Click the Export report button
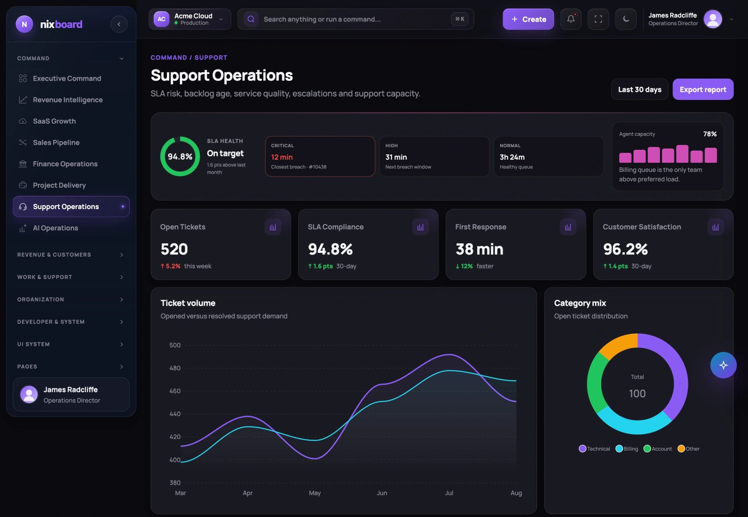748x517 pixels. (x=703, y=90)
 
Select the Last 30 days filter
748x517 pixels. (x=640, y=90)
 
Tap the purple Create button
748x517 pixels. (x=528, y=19)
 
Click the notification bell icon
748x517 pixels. (x=571, y=19)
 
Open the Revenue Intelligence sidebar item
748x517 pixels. (x=68, y=100)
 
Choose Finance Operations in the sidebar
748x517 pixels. (x=65, y=164)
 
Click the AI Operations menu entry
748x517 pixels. (x=55, y=228)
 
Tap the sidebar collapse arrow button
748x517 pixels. (x=119, y=24)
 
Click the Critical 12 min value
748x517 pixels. (x=282, y=157)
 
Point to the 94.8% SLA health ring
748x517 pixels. (x=180, y=139)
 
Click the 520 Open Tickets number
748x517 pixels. (x=174, y=249)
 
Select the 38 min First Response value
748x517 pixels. (x=479, y=249)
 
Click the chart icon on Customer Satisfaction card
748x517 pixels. (x=715, y=227)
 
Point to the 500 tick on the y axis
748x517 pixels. (x=175, y=345)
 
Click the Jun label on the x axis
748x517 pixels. (x=382, y=493)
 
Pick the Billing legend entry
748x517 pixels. (x=627, y=449)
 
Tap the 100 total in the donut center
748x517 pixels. (x=637, y=394)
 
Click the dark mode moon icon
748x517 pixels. (x=626, y=19)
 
